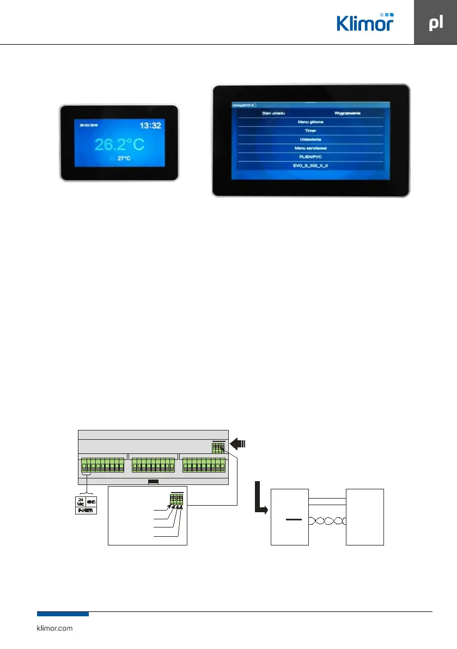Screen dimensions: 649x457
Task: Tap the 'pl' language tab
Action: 435,23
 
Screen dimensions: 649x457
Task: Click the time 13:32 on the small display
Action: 150,126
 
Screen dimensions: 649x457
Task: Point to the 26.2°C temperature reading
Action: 119,144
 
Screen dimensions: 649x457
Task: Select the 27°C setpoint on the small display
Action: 124,159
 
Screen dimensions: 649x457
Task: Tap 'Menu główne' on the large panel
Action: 308,122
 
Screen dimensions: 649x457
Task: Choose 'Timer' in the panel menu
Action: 308,131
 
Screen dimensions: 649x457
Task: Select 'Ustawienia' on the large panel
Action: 308,139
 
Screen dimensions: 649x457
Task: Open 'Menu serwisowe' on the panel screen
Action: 308,148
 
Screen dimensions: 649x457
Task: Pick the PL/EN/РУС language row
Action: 308,157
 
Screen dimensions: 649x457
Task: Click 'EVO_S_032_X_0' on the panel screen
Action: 308,166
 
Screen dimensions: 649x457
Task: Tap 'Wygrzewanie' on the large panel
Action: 348,113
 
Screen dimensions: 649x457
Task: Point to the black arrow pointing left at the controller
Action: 238,443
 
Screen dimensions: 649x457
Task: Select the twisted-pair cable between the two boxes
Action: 327,521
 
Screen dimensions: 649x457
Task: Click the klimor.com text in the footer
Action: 54,628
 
